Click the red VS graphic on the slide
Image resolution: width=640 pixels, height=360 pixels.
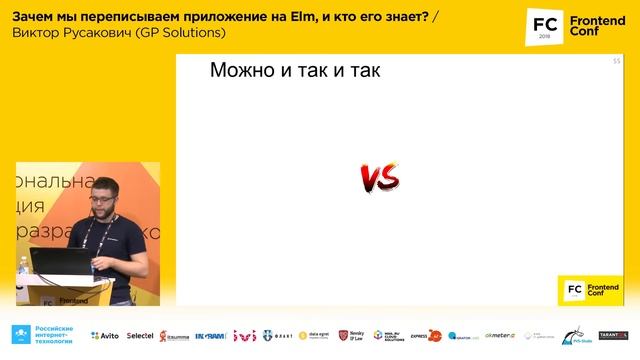coord(380,178)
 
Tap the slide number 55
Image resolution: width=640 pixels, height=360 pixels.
coord(616,62)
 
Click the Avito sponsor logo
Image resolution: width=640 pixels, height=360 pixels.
coord(105,336)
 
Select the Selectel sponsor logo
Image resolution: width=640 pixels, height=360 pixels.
coord(140,336)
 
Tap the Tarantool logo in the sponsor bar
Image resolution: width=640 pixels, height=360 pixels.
coord(612,336)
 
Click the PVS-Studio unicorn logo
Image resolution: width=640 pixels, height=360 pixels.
coord(573,335)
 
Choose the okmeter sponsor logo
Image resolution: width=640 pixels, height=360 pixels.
coord(500,336)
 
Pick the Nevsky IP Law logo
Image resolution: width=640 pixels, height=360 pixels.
coord(350,336)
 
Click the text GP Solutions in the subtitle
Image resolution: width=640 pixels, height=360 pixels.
coord(187,33)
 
